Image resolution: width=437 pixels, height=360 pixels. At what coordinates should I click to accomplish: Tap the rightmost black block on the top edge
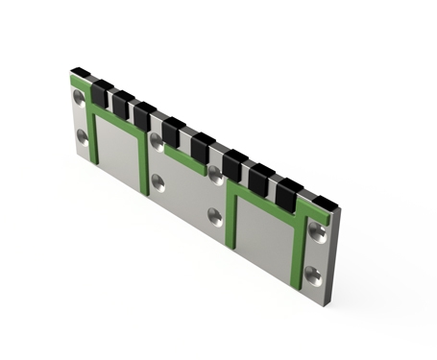[326, 204]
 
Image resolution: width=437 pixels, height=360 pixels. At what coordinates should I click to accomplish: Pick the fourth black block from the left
[144, 115]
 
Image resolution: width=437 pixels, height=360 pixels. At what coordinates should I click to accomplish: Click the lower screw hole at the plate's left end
[83, 137]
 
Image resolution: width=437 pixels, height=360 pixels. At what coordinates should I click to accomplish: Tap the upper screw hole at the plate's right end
[316, 230]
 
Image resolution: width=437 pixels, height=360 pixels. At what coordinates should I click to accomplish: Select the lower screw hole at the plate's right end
[313, 275]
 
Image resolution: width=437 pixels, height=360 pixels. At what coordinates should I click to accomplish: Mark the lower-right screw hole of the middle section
[216, 217]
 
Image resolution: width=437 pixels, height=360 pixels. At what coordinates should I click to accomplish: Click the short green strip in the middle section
[184, 158]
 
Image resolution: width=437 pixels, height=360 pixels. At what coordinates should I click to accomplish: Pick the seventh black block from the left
[233, 164]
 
